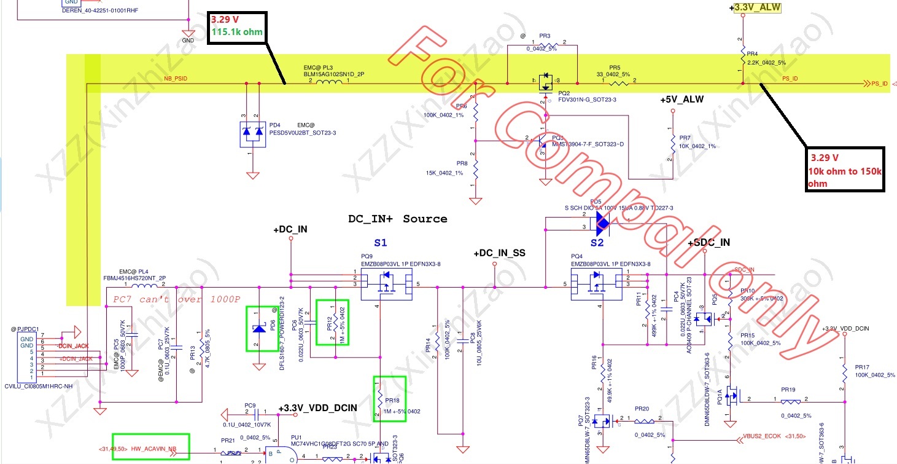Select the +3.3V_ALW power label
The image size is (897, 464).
(758, 8)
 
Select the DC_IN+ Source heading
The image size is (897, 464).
(397, 219)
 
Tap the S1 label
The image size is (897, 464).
(381, 243)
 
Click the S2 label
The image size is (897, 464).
(597, 243)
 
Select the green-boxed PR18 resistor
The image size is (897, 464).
(390, 399)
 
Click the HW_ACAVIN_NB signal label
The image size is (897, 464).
(150, 449)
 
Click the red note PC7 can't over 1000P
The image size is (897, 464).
(177, 299)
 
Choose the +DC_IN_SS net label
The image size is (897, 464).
(499, 253)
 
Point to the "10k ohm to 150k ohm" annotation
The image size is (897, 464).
(845, 170)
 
